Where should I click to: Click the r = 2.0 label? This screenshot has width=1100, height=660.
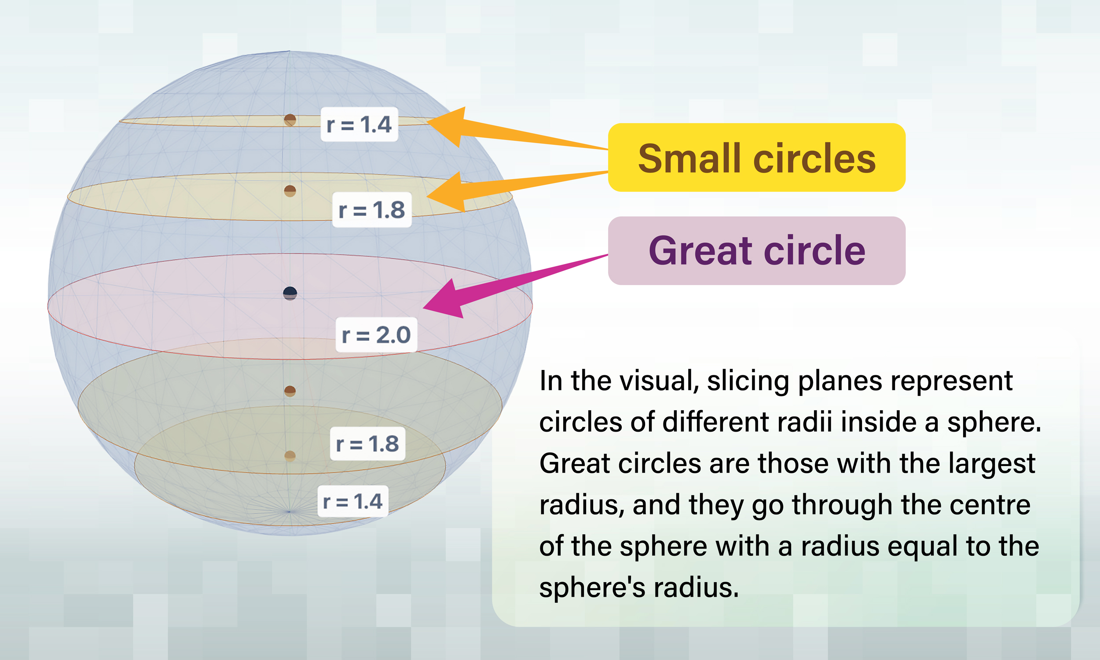pyautogui.click(x=376, y=335)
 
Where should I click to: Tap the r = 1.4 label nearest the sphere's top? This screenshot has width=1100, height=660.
pyautogui.click(x=359, y=124)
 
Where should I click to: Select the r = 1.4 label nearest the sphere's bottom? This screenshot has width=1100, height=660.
pyautogui.click(x=352, y=501)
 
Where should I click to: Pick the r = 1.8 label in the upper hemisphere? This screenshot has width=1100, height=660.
pyautogui.click(x=372, y=210)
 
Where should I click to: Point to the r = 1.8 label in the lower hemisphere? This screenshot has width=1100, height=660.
pyautogui.click(x=368, y=444)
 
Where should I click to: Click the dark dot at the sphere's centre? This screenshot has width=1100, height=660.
pyautogui.click(x=290, y=293)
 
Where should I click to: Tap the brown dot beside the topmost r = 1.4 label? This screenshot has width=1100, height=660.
pyautogui.click(x=290, y=120)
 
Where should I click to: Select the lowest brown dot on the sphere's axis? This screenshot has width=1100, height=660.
pyautogui.click(x=290, y=456)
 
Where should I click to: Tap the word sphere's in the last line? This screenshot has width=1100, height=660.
pyautogui.click(x=592, y=587)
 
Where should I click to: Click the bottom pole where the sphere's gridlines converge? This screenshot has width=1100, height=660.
pyautogui.click(x=290, y=512)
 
